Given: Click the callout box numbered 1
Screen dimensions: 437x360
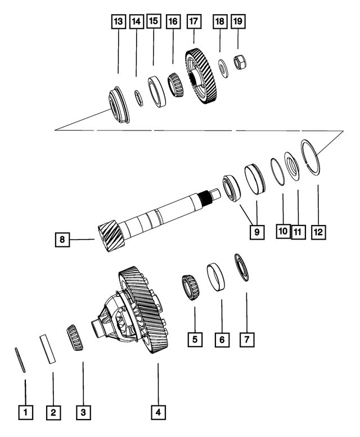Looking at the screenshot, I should tap(25, 412).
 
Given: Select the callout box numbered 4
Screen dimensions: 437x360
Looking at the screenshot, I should tap(158, 412).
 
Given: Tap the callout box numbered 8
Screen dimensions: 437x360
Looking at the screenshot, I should tap(61, 240).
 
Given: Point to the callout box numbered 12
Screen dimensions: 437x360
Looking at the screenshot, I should tap(318, 231).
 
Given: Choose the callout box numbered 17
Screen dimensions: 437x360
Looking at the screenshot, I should tap(193, 21).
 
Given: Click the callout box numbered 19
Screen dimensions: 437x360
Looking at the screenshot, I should tap(238, 21).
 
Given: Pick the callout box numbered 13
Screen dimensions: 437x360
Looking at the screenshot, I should tap(118, 21).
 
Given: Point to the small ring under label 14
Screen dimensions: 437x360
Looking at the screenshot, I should tap(138, 97).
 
